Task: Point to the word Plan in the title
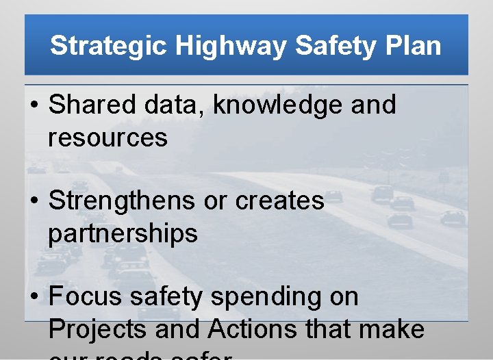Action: (x=414, y=46)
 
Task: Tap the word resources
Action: (x=108, y=138)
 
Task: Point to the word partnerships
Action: (x=123, y=234)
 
